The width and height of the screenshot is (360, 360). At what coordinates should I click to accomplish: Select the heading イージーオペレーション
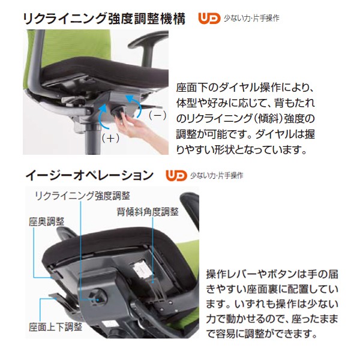coord(89,176)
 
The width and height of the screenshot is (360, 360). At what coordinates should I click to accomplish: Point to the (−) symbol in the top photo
coord(157,114)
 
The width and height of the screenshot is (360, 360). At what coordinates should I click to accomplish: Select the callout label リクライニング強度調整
coord(82,196)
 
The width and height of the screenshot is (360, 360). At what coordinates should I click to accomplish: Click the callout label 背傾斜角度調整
coord(148,212)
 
